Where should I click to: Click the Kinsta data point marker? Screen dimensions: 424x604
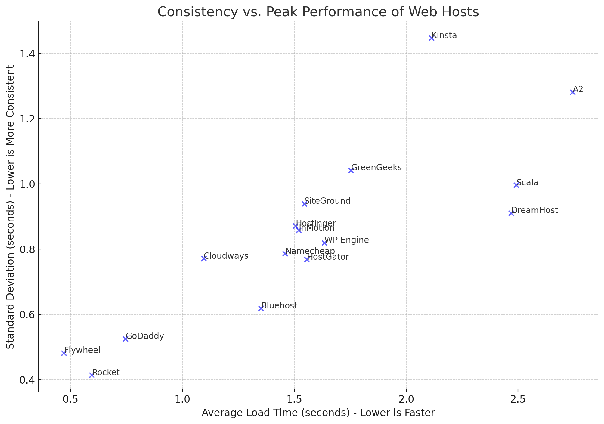[x=431, y=38]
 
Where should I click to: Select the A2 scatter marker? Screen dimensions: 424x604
[x=572, y=92]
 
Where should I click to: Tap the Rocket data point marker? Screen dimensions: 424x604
[x=92, y=375]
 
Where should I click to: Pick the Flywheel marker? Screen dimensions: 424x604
[x=64, y=353]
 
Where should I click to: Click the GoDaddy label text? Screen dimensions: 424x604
[x=145, y=336]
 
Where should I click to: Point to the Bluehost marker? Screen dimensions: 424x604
[x=261, y=308]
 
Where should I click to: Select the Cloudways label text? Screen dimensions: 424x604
[x=226, y=256]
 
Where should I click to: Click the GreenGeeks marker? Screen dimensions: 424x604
[x=351, y=170]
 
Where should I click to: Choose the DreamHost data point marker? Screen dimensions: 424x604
[x=511, y=213]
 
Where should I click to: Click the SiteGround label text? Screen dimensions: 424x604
[x=327, y=201]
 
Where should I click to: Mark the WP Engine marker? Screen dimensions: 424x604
[x=324, y=243]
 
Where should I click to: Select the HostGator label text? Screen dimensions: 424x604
[x=328, y=257]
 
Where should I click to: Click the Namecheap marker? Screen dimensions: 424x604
[x=285, y=254]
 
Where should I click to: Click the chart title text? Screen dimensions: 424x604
[x=318, y=12]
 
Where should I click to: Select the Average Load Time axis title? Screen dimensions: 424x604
[x=318, y=413]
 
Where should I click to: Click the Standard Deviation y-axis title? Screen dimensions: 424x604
[x=11, y=207]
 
